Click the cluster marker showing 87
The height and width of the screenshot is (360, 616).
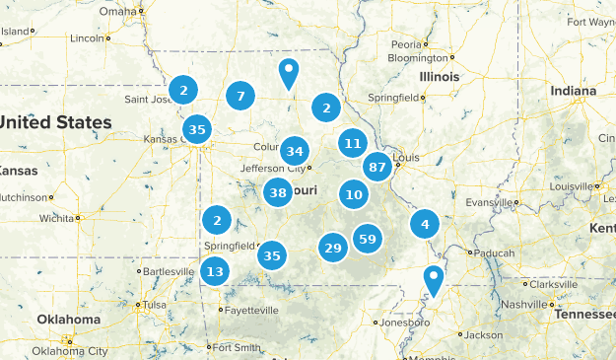point(376,167)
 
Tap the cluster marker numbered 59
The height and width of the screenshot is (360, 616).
point(368,238)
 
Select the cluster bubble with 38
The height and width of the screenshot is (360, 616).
point(278,193)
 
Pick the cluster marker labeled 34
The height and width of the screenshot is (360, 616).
point(294,151)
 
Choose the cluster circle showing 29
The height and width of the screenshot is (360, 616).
point(333,248)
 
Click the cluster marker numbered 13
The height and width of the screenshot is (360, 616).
point(215,271)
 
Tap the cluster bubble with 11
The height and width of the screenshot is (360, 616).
point(353,143)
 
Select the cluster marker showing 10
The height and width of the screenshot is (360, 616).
point(355,194)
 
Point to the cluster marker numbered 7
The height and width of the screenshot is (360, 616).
point(240,96)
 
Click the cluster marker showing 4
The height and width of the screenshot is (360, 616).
point(425,223)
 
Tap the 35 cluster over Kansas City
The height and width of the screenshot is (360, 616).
point(197,129)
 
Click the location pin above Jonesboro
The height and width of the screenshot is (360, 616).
point(433,279)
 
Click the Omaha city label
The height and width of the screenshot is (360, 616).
point(117,12)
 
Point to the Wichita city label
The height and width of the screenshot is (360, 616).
point(57,218)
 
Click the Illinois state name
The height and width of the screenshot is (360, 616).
point(439,76)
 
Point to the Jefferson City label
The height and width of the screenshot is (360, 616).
point(273,169)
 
